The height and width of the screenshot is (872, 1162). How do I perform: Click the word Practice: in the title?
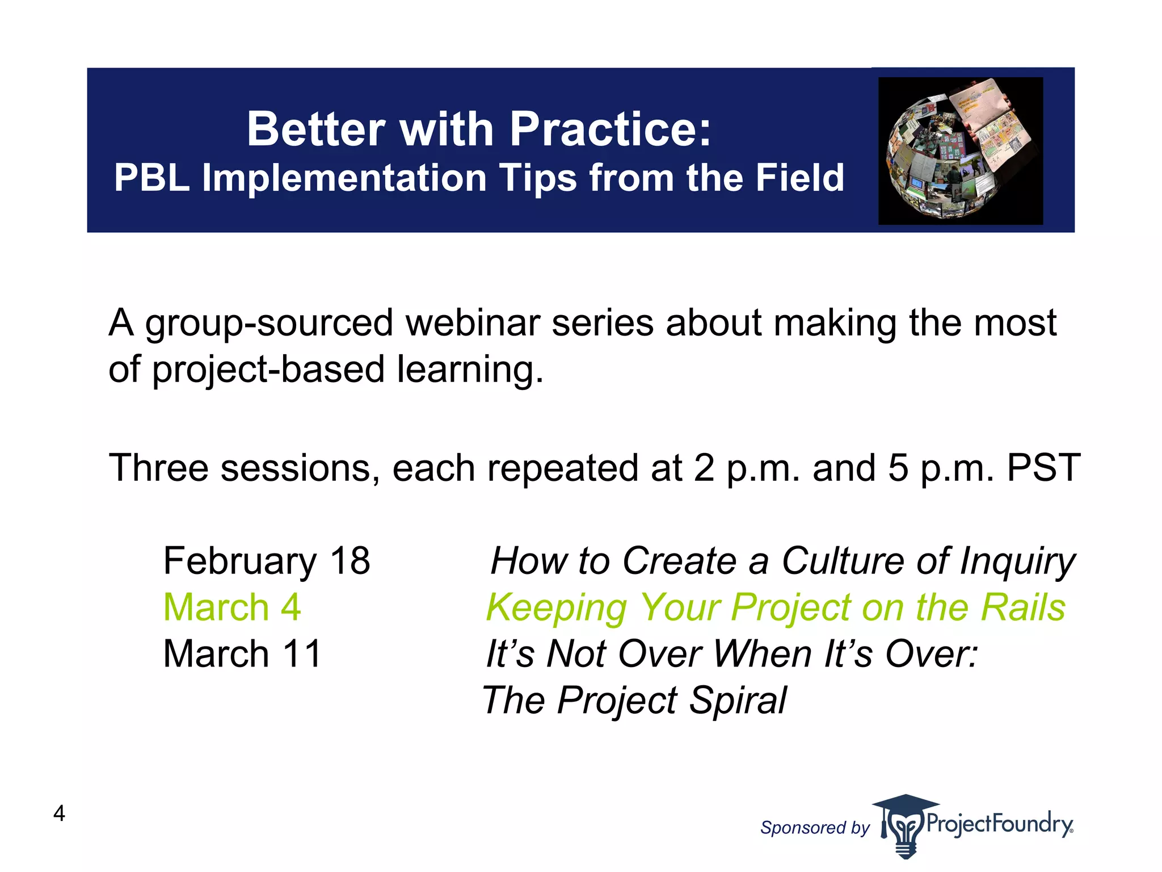pyautogui.click(x=610, y=129)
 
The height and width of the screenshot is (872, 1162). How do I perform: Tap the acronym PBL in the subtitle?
pyautogui.click(x=151, y=178)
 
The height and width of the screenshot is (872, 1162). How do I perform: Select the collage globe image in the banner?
pyautogui.click(x=960, y=151)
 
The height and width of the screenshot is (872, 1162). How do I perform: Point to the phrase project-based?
pyautogui.click(x=269, y=370)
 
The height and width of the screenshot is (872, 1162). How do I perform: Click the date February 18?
pyautogui.click(x=267, y=561)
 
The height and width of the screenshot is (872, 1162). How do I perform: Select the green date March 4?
pyautogui.click(x=231, y=607)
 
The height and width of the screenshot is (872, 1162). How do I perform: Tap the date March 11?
pyautogui.click(x=242, y=654)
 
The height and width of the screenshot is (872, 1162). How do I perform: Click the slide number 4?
pyautogui.click(x=59, y=814)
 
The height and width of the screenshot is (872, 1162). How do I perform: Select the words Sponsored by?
pyautogui.click(x=814, y=828)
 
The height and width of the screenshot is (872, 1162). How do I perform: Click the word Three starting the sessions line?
pyautogui.click(x=158, y=468)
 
